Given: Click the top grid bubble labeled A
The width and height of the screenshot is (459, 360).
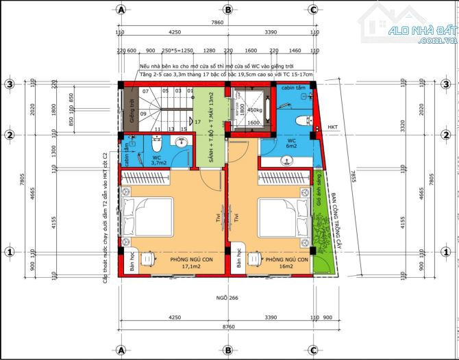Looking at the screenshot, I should click(x=121, y=10).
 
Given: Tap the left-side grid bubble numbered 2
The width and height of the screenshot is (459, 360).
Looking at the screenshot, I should click(x=10, y=134).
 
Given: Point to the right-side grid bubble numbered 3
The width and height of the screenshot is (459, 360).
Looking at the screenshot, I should click(x=449, y=84).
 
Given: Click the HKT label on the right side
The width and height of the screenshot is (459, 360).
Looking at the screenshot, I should click(x=332, y=128).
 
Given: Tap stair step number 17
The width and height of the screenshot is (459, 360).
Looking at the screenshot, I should click(x=197, y=122).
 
